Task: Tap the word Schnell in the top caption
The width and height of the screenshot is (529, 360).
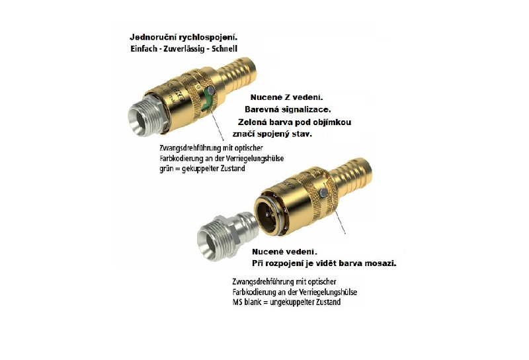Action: [x=224, y=48]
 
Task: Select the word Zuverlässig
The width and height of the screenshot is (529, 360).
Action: [x=184, y=49]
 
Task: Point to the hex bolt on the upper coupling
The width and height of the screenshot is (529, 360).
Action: [x=210, y=90]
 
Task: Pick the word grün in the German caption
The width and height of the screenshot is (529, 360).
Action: [x=167, y=169]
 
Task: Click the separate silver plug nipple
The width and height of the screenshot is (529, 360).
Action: [x=228, y=236]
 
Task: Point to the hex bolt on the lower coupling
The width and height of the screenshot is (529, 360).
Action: [x=323, y=193]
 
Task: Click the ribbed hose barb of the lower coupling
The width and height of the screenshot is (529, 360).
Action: [x=351, y=175]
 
